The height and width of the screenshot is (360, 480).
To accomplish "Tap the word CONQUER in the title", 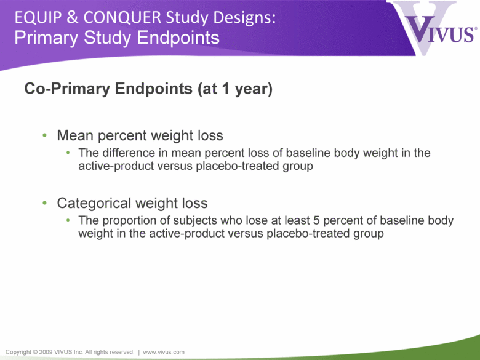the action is tap(122, 17).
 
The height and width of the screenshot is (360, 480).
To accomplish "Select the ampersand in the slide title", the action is tap(72, 17).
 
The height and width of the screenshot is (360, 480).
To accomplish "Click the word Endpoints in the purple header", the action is tap(178, 38).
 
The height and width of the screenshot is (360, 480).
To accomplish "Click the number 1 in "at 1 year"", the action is tap(226, 89).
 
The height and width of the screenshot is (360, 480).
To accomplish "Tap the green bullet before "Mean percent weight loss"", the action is tap(45, 135).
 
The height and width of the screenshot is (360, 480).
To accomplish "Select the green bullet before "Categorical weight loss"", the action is tap(45, 202).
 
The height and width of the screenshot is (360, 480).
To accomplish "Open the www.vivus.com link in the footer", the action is tap(164, 352).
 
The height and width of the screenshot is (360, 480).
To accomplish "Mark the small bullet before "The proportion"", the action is tap(68, 220).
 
